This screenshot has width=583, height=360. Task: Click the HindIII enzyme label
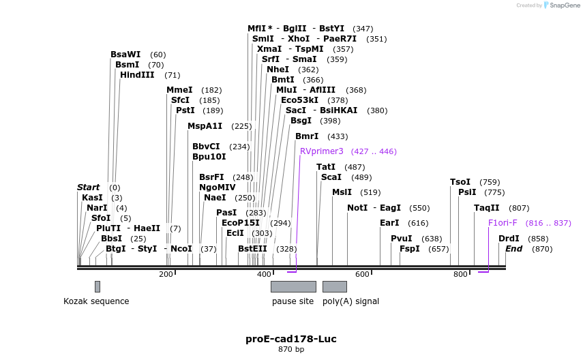137,75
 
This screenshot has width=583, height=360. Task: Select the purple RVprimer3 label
322,151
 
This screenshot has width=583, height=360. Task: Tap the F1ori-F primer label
503,223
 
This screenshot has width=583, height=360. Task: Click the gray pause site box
293,286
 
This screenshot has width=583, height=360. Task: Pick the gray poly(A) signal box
334,286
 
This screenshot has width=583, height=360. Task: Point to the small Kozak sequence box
98,286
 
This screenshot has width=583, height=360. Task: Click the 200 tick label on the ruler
166,274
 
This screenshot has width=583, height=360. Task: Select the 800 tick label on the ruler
460,274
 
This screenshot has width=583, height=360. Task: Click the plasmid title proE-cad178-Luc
291,339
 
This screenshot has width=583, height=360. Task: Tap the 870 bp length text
291,350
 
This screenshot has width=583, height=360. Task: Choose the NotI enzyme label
357,208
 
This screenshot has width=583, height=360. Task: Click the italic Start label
89,187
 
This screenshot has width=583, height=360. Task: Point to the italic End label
513,249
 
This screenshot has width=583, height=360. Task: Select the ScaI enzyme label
331,177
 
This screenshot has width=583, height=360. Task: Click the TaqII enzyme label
487,208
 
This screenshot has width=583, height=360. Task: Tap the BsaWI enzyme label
125,55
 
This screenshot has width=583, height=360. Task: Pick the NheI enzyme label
278,70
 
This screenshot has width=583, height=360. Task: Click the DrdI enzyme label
509,239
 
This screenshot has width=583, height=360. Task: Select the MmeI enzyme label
179,90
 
